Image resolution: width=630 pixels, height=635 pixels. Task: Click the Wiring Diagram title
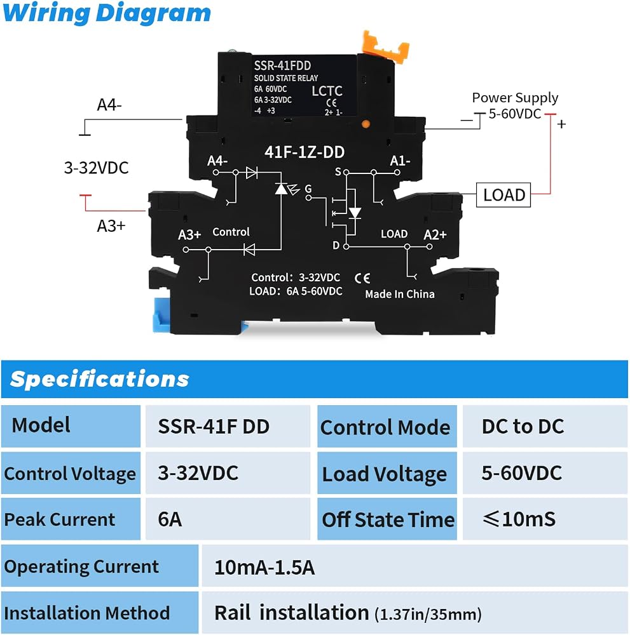[107, 13]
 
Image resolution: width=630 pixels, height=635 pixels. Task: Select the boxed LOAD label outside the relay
[503, 195]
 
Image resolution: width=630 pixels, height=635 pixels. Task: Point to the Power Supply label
[515, 98]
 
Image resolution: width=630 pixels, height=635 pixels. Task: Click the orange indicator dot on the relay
[366, 124]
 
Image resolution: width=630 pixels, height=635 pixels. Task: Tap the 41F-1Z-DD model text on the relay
[305, 152]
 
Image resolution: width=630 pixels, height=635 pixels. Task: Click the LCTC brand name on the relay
[327, 91]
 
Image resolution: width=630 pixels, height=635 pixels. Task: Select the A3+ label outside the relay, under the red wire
[111, 225]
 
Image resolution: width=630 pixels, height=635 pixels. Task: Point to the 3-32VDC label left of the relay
[97, 168]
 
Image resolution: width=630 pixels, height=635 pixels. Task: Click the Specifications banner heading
[100, 379]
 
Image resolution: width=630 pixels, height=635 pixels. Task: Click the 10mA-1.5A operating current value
[264, 567]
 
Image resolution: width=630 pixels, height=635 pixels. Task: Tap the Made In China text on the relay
[400, 294]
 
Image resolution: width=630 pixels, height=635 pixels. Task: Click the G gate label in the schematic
[308, 189]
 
